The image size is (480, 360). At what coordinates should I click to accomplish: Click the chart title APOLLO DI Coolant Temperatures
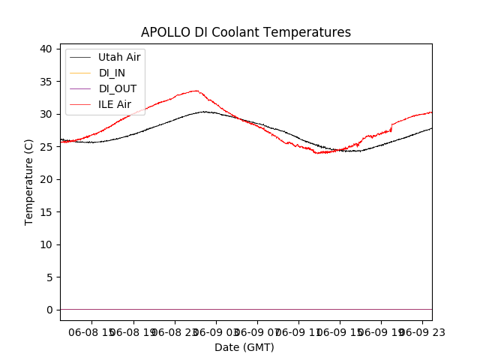click(246, 32)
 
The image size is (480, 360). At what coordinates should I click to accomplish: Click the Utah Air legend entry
click(119, 57)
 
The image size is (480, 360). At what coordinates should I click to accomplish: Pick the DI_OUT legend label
click(118, 88)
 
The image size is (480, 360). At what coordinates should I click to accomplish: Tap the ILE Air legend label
click(115, 104)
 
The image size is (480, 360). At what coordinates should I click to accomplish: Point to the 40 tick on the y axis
click(46, 49)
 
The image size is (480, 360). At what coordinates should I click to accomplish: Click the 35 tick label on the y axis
click(46, 82)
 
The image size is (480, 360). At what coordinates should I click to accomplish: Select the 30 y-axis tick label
click(46, 114)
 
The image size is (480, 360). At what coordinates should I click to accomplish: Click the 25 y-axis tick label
click(46, 147)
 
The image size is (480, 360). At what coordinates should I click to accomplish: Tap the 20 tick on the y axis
click(46, 179)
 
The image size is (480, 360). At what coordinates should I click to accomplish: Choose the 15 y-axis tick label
click(46, 212)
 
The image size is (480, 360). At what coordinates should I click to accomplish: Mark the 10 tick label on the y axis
click(46, 244)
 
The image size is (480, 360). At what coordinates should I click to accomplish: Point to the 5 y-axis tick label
click(49, 277)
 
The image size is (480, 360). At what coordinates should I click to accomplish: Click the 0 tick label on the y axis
click(49, 310)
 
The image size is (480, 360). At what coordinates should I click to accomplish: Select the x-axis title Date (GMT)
click(244, 347)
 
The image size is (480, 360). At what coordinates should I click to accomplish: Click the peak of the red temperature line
click(196, 91)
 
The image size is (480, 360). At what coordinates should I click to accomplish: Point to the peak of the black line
click(205, 112)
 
